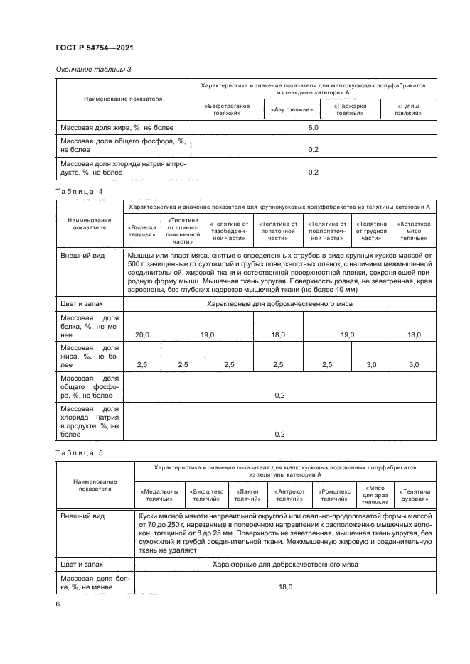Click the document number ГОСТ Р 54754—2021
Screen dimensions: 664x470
(94, 47)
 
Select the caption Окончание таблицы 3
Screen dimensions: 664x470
(93, 69)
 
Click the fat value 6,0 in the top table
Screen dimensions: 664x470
(313, 127)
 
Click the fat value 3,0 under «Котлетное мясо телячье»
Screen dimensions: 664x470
(413, 364)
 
